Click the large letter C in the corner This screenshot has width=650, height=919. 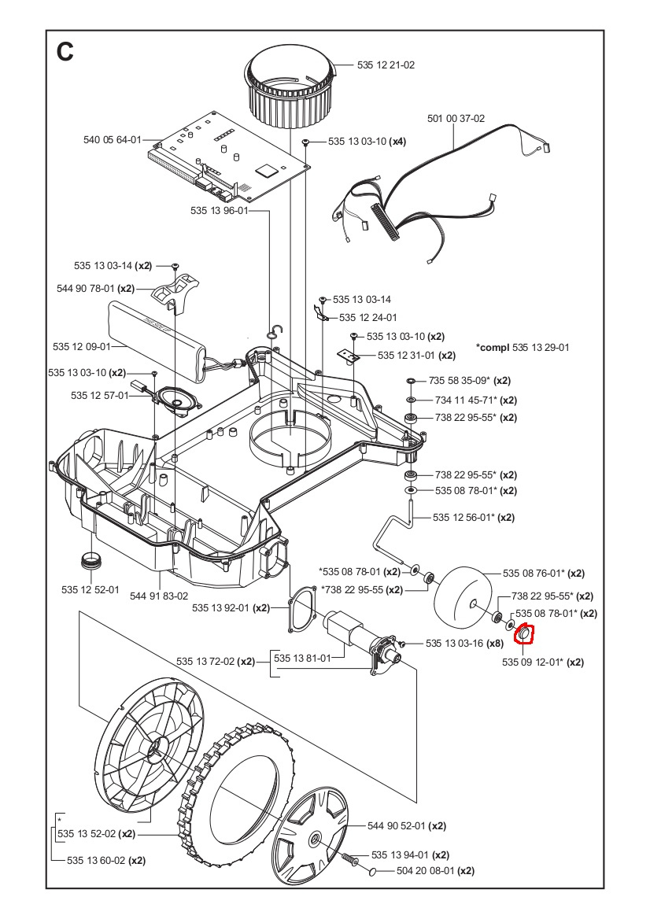pyautogui.click(x=65, y=52)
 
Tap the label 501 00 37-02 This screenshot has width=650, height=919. pyautogui.click(x=456, y=119)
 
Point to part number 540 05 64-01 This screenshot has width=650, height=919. pyautogui.click(x=112, y=140)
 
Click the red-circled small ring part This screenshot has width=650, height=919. pyautogui.click(x=524, y=634)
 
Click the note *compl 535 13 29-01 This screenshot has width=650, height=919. pyautogui.click(x=523, y=347)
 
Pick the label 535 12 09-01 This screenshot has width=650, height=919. pyautogui.click(x=81, y=346)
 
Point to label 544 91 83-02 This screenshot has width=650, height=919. pyautogui.click(x=160, y=597)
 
